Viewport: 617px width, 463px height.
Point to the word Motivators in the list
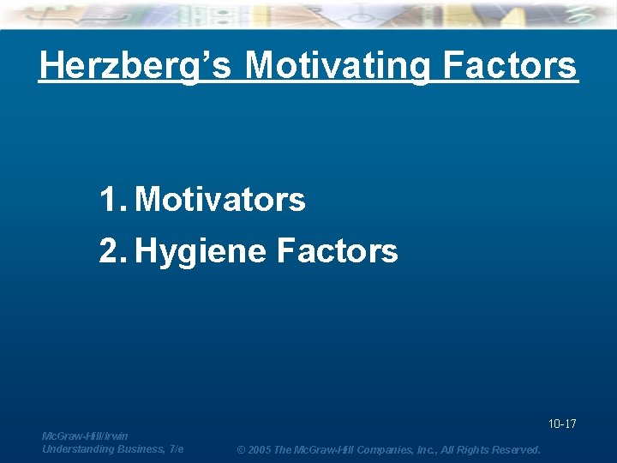click(x=220, y=200)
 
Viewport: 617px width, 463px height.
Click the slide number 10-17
click(x=562, y=424)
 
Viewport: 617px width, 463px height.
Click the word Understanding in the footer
click(x=76, y=449)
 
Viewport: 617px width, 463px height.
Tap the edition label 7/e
click(x=177, y=449)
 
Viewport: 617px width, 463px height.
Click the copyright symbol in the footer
click(x=241, y=450)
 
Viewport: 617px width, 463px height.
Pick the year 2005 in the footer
click(x=259, y=450)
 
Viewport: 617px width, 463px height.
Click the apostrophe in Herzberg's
click(x=203, y=57)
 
